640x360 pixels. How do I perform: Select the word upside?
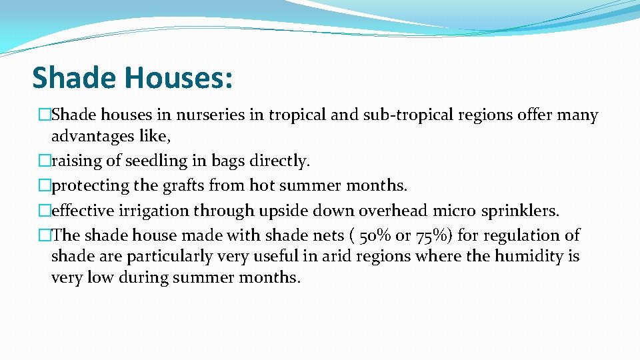point(284,211)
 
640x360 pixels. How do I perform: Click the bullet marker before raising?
point(45,161)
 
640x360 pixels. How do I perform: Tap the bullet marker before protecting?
point(45,185)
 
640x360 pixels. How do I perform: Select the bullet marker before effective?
point(45,211)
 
